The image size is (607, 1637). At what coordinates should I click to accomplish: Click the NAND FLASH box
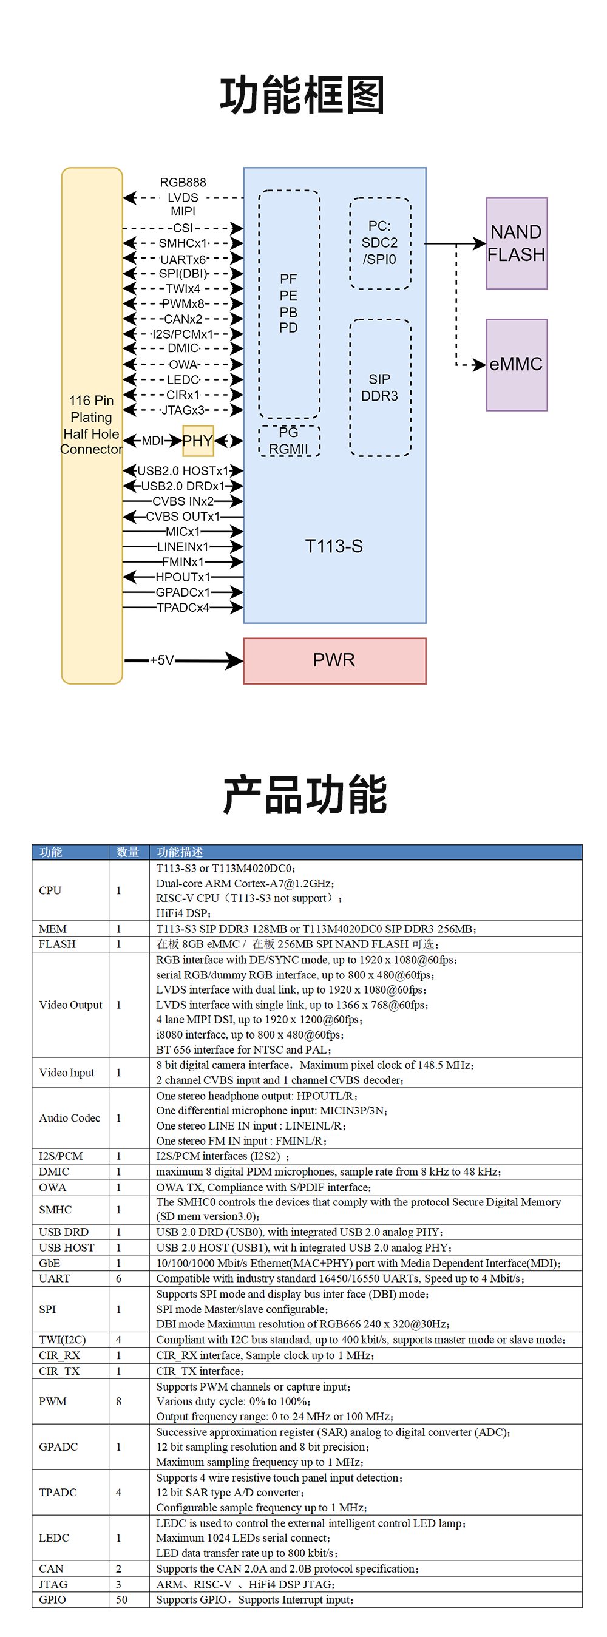click(516, 243)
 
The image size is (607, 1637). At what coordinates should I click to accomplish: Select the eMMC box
click(516, 364)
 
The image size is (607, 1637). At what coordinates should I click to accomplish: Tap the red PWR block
click(334, 660)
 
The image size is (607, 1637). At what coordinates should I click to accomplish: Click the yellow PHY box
click(198, 441)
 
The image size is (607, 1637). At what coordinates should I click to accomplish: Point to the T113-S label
click(334, 546)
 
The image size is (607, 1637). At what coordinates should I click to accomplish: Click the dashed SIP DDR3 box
click(379, 387)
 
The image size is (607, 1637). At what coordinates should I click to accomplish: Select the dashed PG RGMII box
click(288, 441)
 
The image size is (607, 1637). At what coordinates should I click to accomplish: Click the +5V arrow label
click(161, 660)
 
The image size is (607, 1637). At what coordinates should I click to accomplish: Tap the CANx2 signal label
click(183, 319)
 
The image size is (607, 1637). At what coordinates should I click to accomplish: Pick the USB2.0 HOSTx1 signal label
click(183, 471)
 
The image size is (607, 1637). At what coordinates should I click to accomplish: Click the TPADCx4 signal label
click(183, 608)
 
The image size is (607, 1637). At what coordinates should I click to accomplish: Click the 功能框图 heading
click(302, 95)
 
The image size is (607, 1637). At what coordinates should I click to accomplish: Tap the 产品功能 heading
click(305, 795)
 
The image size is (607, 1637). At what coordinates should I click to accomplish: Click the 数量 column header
click(127, 852)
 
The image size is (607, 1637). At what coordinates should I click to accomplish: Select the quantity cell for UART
click(119, 1278)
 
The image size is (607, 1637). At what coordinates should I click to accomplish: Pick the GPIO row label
click(52, 1599)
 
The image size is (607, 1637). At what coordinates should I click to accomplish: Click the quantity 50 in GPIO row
click(121, 1599)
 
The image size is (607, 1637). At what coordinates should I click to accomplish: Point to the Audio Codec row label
click(69, 1118)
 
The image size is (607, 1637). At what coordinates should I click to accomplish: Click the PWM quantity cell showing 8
click(119, 1401)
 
